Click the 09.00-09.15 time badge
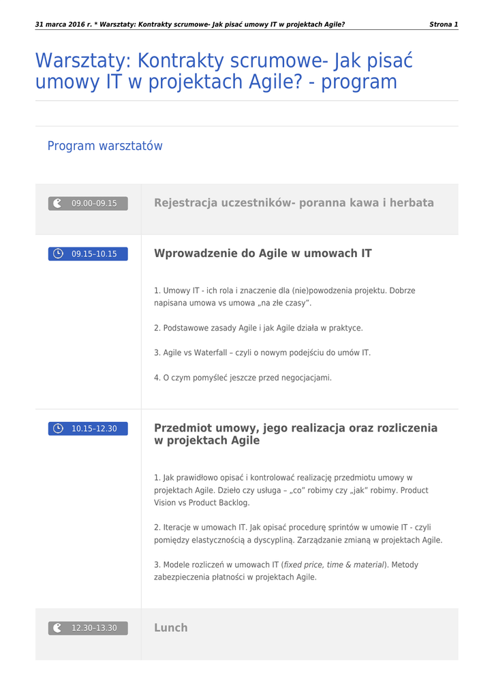pos(88,203)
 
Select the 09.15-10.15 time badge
pos(88,254)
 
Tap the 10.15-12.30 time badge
pos(88,429)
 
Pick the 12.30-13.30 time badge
pos(88,628)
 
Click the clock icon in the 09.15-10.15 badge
pos(59,254)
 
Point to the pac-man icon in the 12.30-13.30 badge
pos(58,628)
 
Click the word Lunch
pos(170,628)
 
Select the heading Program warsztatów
pos(105,146)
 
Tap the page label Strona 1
pos(444,25)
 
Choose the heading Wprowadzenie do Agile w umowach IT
pos(263,254)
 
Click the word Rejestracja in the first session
pos(186,202)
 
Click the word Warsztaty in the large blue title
pos(83,61)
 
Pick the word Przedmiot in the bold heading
pos(183,428)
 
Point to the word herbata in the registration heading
pos(412,202)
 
